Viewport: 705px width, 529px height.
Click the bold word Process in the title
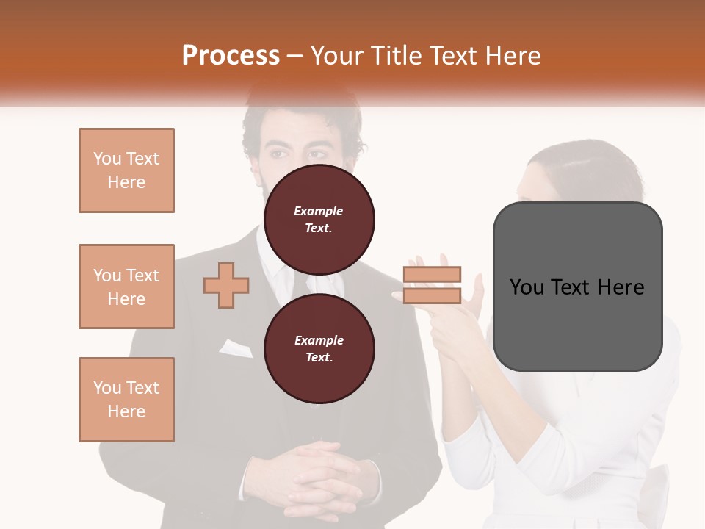click(x=231, y=56)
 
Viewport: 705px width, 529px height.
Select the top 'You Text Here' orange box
click(x=126, y=170)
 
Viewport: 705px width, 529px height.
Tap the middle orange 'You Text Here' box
click(x=126, y=287)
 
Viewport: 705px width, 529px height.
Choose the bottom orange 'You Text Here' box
click(x=126, y=400)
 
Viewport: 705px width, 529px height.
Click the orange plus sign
click(x=226, y=285)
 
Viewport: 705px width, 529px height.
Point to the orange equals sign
click(x=432, y=285)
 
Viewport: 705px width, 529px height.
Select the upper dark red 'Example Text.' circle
click(x=319, y=220)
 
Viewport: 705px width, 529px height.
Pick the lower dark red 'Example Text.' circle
click(x=319, y=348)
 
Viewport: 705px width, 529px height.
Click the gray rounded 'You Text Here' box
click(x=577, y=287)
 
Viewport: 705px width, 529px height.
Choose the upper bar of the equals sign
click(x=432, y=274)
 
